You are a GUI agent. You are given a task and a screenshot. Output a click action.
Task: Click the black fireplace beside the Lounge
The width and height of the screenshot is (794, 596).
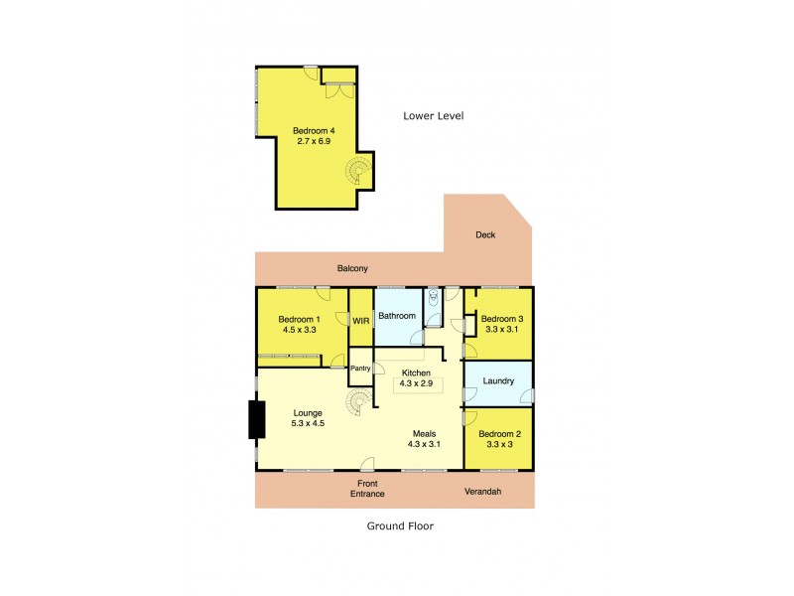pos(256,418)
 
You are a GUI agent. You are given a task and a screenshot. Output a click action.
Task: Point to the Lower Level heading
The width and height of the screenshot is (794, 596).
pos(433,116)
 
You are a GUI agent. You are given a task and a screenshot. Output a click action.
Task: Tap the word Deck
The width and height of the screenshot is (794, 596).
pos(485,235)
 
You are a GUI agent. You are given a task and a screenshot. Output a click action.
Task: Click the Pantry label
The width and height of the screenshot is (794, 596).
pos(359,369)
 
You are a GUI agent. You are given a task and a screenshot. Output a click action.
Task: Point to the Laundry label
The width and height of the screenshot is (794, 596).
pos(498,380)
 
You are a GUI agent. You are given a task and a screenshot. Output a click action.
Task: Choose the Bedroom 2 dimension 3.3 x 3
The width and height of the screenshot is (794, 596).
pos(498,444)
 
